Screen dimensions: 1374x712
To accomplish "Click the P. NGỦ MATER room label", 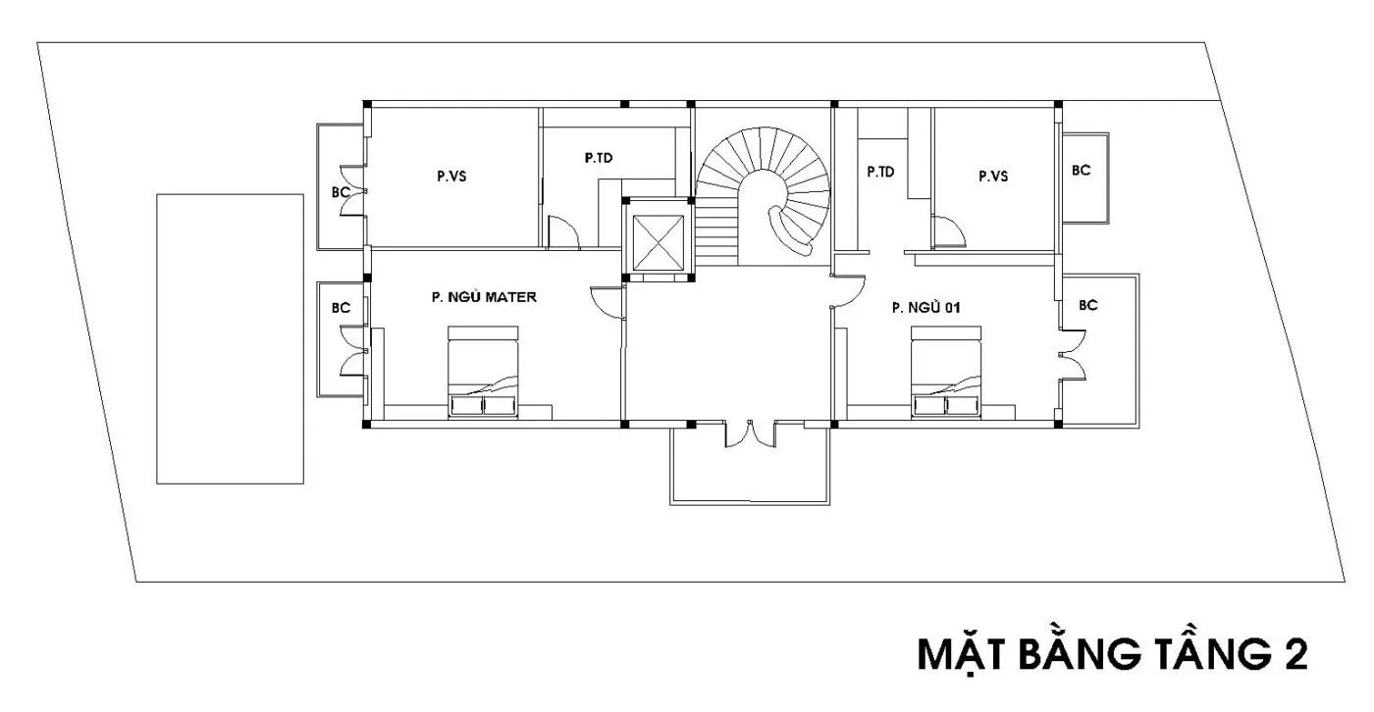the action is click(484, 296).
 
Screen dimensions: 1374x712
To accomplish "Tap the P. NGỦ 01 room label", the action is click(925, 307).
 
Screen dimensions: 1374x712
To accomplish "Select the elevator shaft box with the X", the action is click(659, 242).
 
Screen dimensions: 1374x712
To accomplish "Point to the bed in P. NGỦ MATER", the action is click(483, 372).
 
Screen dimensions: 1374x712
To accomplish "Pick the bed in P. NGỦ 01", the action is click(946, 372).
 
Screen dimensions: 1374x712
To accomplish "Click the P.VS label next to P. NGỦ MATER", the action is click(451, 177).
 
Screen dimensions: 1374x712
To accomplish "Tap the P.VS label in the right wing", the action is click(993, 177).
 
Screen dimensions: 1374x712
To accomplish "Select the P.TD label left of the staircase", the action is click(598, 158).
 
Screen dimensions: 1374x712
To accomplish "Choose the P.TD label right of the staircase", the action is click(880, 173).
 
